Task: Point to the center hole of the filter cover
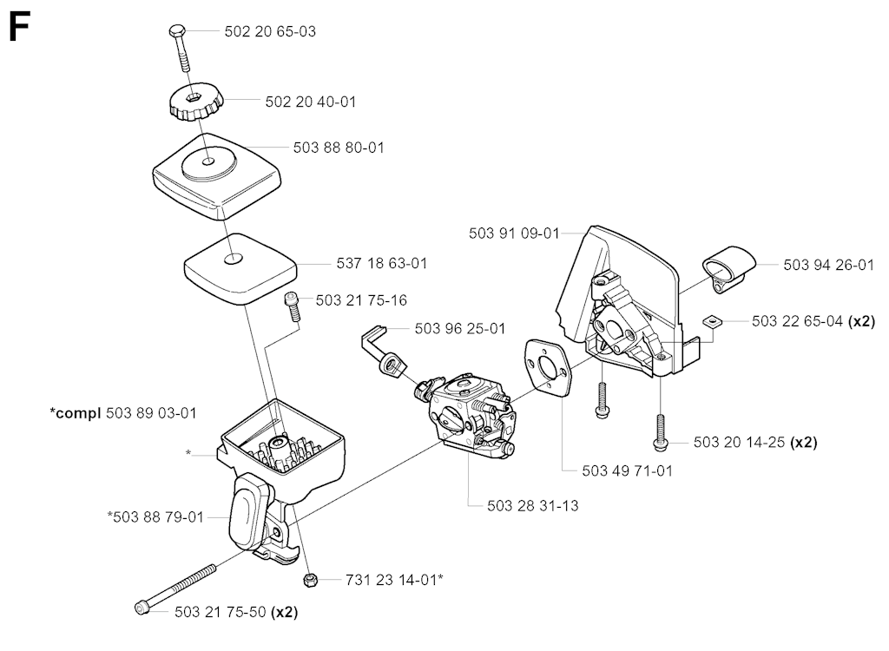tap(209, 161)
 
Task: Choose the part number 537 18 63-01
tap(381, 262)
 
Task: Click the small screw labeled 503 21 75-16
tap(293, 307)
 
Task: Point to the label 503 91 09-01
tap(512, 233)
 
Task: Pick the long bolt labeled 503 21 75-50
tap(178, 589)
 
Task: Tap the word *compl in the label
tap(76, 412)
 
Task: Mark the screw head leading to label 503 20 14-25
tap(661, 444)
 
